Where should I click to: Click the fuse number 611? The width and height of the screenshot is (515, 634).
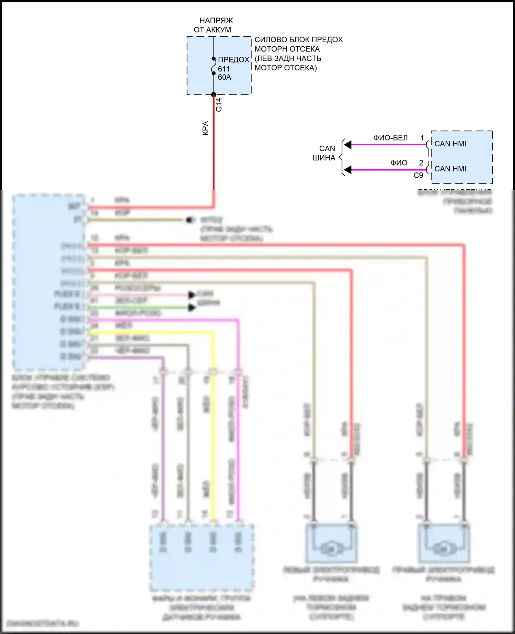(x=224, y=69)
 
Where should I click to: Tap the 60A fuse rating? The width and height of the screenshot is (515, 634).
(x=225, y=77)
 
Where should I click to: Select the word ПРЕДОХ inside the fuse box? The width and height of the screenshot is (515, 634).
(x=233, y=60)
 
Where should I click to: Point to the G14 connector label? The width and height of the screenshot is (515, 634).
(x=219, y=105)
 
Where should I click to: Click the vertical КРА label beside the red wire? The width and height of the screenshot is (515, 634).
(x=205, y=128)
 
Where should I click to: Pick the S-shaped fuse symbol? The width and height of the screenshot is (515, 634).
(x=213, y=66)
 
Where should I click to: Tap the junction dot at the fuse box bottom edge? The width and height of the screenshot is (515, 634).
(x=214, y=95)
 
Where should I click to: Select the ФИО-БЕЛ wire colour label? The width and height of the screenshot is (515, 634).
(x=390, y=138)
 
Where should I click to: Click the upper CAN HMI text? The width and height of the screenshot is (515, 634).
(x=450, y=144)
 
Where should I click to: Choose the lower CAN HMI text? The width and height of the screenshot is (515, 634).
(x=450, y=169)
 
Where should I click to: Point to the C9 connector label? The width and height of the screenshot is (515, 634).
(x=418, y=176)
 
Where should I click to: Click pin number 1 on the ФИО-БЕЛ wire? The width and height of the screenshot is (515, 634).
(x=422, y=138)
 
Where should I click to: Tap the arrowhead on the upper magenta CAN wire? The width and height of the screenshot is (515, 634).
(x=348, y=145)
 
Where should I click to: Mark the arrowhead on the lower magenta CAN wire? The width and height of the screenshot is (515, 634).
(x=348, y=170)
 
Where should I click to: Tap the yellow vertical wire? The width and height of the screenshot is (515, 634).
(x=213, y=446)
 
